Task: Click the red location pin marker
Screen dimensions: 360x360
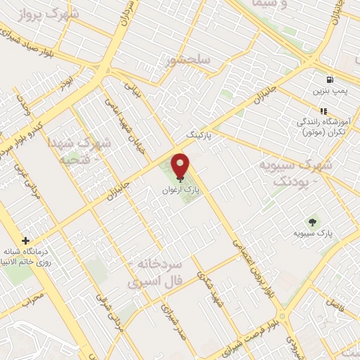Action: click(180, 165)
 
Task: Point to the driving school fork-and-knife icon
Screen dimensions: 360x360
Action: click(324, 111)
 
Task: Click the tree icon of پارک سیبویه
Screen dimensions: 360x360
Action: click(314, 220)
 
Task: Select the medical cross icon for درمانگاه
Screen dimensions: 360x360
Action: click(26, 240)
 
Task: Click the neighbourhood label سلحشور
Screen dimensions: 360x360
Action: click(188, 60)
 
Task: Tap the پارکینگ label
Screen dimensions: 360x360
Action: click(198, 132)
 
